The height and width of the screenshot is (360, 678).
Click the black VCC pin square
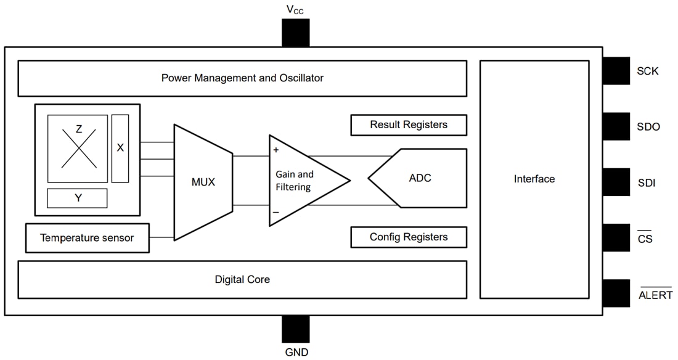pyautogui.click(x=295, y=33)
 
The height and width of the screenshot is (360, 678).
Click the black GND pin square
pyautogui.click(x=295, y=329)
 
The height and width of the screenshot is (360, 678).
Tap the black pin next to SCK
pyautogui.click(x=616, y=71)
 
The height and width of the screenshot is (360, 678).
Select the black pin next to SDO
pyautogui.click(x=616, y=126)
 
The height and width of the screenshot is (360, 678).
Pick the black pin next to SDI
pyautogui.click(x=616, y=182)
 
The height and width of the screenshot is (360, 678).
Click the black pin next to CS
pyautogui.click(x=616, y=237)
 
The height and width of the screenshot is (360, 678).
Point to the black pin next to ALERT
pyautogui.click(x=616, y=293)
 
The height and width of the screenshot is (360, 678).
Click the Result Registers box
pyautogui.click(x=408, y=125)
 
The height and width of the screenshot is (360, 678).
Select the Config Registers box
pyautogui.click(x=408, y=237)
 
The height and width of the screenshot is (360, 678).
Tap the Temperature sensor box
pyautogui.click(x=87, y=238)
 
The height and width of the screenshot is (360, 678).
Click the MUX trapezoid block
pyautogui.click(x=203, y=182)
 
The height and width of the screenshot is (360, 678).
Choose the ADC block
pyautogui.click(x=420, y=178)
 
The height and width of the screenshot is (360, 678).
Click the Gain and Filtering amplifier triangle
pyautogui.click(x=299, y=181)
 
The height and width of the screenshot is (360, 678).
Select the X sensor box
pyautogui.click(x=120, y=149)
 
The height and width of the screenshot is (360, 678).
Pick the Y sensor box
pyautogui.click(x=78, y=198)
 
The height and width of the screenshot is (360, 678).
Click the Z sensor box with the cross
pyautogui.click(x=78, y=149)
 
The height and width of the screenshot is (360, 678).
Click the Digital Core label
pyautogui.click(x=242, y=279)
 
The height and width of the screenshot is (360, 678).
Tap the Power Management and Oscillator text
pyautogui.click(x=242, y=78)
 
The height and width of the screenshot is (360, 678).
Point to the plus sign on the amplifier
pyautogui.click(x=276, y=150)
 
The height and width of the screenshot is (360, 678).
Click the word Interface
pyautogui.click(x=534, y=179)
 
